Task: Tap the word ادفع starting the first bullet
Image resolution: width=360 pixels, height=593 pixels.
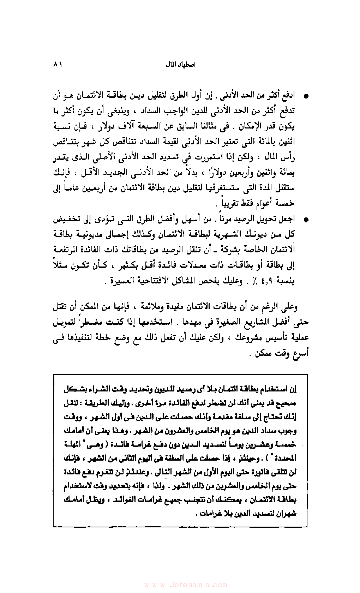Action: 288,95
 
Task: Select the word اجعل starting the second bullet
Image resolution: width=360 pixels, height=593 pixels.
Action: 287,219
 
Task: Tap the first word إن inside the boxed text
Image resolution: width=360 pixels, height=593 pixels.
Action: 293,389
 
